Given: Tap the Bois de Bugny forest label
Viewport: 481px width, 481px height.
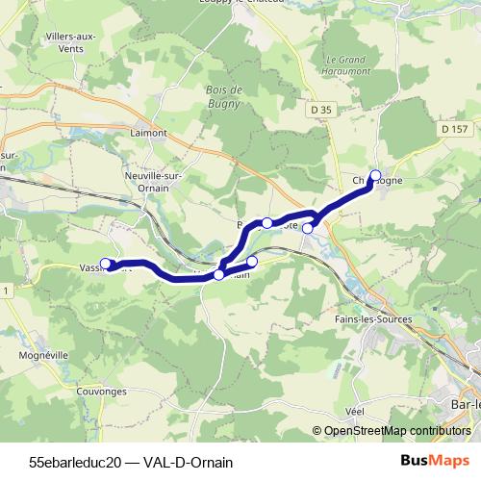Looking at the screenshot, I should point(223,94).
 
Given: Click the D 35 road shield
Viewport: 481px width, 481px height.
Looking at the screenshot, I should point(321,111).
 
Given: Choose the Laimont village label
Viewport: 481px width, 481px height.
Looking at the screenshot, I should point(148,133).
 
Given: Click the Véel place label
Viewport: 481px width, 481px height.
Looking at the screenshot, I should point(334,412).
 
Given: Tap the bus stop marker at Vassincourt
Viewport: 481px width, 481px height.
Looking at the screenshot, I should point(106,263).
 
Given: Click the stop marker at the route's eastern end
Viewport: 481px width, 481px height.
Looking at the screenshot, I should point(375,176).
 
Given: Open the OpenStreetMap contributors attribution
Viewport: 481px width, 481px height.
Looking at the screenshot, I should point(398,430).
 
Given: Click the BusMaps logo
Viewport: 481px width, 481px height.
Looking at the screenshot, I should point(433,461).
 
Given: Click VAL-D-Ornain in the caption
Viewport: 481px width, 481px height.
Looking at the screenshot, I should point(189,462).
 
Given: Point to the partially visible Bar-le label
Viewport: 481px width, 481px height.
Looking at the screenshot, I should point(466,404).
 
